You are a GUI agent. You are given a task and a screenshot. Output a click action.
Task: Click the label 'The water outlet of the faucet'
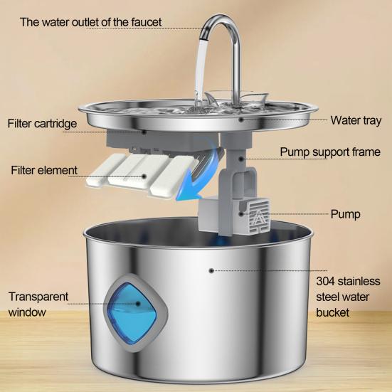coord(90,22)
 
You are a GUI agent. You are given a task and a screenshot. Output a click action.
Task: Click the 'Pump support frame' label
coord(329,152)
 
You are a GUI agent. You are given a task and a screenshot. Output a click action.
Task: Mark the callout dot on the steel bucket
coord(211,270)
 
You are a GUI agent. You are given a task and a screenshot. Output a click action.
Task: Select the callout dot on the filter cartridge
coord(145,131)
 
